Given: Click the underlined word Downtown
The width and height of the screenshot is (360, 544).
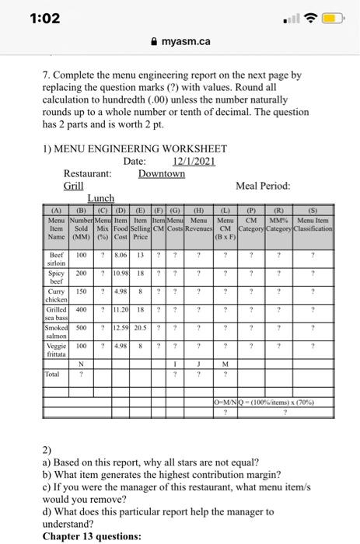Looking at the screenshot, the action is pyautogui.click(x=162, y=173).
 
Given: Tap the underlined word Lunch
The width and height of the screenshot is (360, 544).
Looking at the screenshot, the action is pyautogui.click(x=101, y=199).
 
